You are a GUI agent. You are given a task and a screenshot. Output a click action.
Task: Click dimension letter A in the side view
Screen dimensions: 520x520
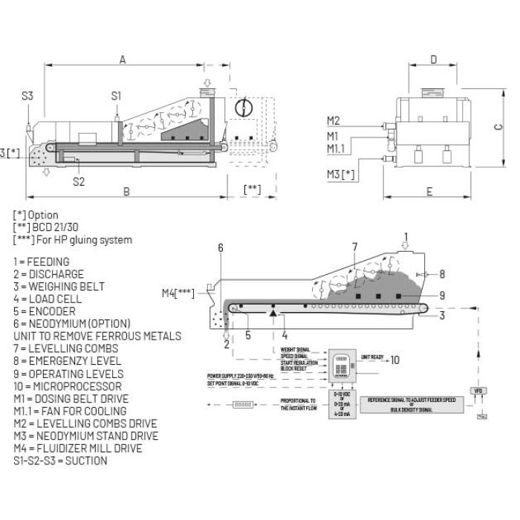click(123, 59)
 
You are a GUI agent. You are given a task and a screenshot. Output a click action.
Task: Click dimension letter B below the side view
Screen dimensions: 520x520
click(126, 192)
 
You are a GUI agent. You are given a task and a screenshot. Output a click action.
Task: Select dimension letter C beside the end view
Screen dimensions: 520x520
click(498, 126)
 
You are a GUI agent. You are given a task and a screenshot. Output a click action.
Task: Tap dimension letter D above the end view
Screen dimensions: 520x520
click(433, 59)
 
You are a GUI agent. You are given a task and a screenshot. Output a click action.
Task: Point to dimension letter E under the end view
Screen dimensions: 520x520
click(429, 192)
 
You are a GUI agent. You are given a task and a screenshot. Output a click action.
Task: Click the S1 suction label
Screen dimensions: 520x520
click(117, 95)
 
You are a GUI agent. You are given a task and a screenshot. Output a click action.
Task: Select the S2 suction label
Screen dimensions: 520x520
click(79, 181)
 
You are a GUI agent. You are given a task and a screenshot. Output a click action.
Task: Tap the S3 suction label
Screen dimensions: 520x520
click(27, 96)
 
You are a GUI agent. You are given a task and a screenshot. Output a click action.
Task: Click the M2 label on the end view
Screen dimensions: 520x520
click(333, 121)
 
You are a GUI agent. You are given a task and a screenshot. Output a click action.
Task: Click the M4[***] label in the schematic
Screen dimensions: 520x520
click(178, 293)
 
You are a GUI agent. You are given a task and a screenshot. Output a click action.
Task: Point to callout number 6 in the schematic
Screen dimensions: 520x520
click(221, 248)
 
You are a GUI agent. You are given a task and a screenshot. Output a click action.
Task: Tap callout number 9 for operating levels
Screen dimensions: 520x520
click(443, 296)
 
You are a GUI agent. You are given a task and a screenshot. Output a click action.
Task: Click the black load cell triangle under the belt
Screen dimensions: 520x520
click(274, 315)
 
